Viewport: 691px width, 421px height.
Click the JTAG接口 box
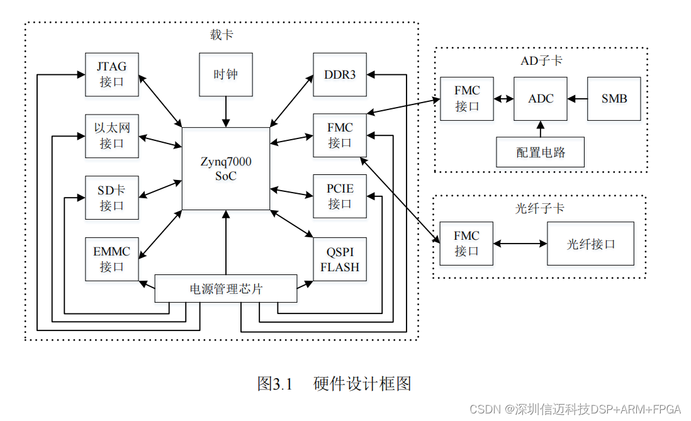coord(111,74)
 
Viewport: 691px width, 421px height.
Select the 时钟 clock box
coord(225,74)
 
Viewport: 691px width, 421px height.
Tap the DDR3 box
coord(340,74)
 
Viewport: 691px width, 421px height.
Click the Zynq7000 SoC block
coord(225,169)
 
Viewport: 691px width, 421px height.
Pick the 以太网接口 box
coord(111,135)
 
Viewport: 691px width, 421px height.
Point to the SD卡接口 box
coord(111,197)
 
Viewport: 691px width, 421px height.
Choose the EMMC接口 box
coord(111,259)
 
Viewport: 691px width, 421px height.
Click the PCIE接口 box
coord(340,196)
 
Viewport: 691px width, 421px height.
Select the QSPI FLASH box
coord(340,259)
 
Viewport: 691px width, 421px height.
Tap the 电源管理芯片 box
coord(225,289)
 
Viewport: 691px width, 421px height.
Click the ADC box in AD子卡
coord(541,99)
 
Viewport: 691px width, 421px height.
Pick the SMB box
coord(614,99)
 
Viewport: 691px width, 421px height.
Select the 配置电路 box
coord(541,152)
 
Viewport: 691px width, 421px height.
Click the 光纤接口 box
coord(590,244)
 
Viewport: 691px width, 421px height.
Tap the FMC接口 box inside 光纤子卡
coord(466,244)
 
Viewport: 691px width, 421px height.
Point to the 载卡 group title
coord(222,35)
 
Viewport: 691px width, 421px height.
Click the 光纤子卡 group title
coord(540,208)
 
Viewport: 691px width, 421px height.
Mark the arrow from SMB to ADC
coord(577,99)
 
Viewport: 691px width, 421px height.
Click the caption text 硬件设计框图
coord(362,383)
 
